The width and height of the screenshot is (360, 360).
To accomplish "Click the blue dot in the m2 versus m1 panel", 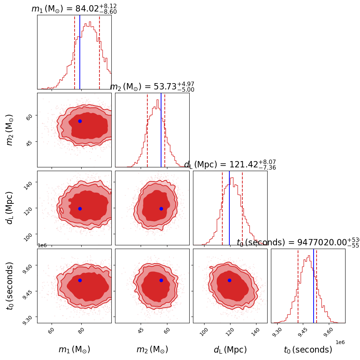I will (80, 121).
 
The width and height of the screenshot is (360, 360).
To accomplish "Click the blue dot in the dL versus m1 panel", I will (80, 209).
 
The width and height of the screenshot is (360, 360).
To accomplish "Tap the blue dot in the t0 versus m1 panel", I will (80, 280).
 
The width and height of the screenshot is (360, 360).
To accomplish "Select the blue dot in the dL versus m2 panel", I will (161, 209).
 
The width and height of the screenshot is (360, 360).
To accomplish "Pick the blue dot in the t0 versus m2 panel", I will (161, 280).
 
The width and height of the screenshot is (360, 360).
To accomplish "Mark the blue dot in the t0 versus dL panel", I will (229, 280).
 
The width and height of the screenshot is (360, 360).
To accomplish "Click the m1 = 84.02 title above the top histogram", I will (74, 9).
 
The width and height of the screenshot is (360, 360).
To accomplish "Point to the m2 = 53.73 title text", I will (152, 87).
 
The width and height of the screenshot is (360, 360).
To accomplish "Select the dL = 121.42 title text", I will (230, 165).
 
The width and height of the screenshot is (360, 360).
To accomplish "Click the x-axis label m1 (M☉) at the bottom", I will (74, 350).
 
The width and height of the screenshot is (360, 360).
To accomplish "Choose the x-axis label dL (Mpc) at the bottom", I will (230, 350).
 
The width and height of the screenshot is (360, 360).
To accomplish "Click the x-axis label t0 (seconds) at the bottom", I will (308, 350).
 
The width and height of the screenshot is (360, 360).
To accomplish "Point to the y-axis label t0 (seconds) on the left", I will (10, 286).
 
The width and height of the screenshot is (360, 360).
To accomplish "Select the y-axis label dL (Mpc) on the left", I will (10, 208).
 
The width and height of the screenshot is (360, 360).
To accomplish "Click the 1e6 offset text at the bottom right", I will (340, 342).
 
